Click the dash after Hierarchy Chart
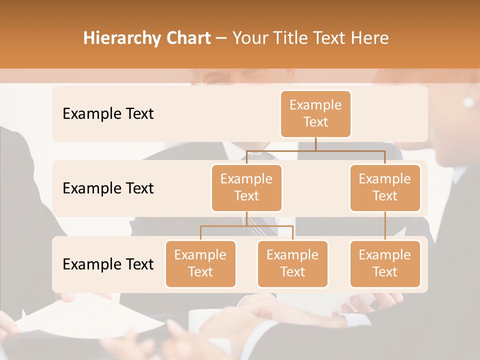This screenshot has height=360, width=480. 221,39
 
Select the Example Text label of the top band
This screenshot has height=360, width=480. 108,114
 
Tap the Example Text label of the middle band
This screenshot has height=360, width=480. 108,188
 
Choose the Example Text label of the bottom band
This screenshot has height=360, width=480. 108,264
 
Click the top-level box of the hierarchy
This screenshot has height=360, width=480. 315,114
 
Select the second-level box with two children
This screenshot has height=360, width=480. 246,188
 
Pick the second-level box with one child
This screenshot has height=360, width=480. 385,188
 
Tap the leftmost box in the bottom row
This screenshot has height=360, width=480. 200,264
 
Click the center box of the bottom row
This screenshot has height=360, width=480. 292,264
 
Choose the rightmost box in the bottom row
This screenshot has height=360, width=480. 385,264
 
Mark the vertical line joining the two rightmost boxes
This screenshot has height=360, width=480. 385,226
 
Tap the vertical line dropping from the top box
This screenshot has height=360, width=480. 315,144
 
